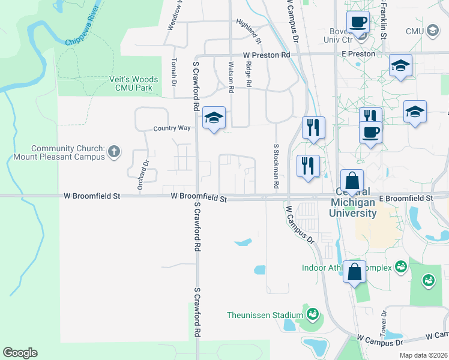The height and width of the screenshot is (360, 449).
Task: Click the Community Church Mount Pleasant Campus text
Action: pyautogui.click(x=68, y=152)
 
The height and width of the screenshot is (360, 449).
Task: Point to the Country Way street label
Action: pyautogui.click(x=172, y=128)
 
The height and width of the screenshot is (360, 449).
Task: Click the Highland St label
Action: pyautogui.click(x=249, y=32)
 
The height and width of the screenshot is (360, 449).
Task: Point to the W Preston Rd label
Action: pyautogui.click(x=267, y=55)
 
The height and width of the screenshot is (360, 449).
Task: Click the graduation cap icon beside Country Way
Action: pyautogui.click(x=214, y=118)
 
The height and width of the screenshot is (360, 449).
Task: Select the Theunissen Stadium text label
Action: pyautogui.click(x=265, y=315)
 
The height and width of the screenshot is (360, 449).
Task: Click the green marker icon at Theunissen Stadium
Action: pyautogui.click(x=312, y=313)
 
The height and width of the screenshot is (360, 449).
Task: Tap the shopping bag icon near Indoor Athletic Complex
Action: pyautogui.click(x=355, y=271)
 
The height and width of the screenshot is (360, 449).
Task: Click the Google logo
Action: pyautogui.click(x=20, y=353)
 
